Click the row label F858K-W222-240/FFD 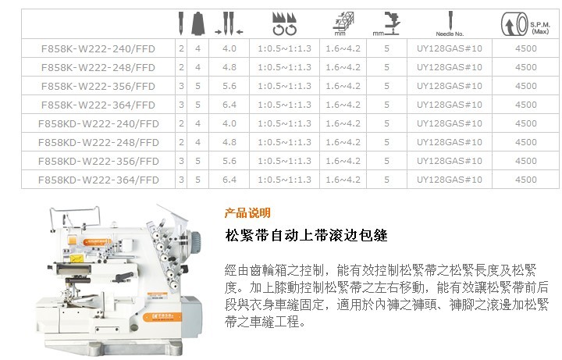(98, 48)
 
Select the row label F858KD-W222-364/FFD (98, 180)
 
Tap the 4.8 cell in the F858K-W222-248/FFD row (229, 67)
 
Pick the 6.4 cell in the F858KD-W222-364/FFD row (229, 180)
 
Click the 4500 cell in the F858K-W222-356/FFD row (526, 86)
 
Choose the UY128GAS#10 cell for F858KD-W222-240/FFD (449, 123)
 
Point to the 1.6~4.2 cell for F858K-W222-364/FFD (343, 105)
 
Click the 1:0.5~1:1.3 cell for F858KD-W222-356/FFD (284, 161)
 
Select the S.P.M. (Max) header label (540, 28)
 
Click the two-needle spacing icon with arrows (229, 24)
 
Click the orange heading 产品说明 (247, 213)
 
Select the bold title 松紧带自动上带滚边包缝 (307, 235)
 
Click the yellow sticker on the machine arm (76, 258)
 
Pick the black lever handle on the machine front (124, 276)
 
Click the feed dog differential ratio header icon (284, 24)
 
